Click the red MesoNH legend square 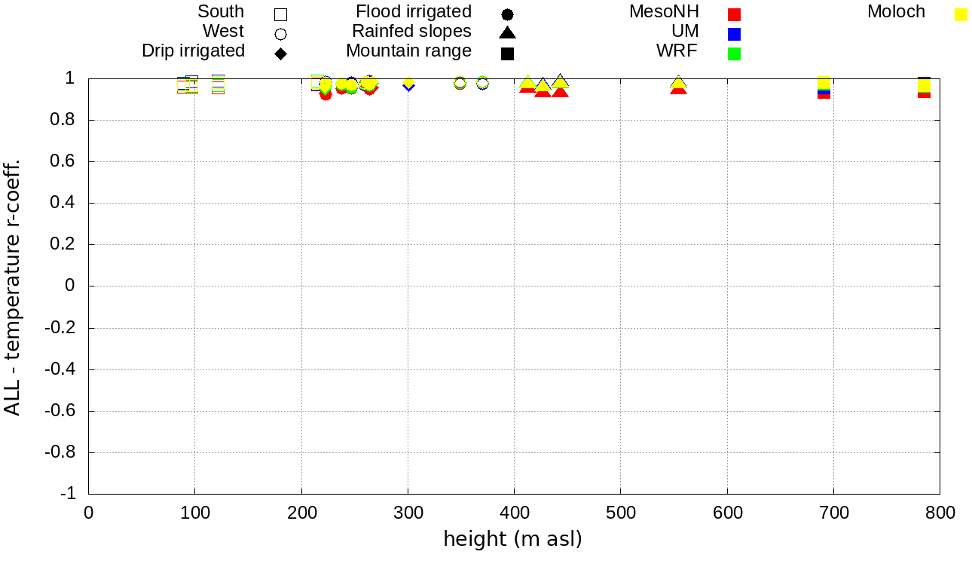tap(735, 14)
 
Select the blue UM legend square tap(735, 34)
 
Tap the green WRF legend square tap(735, 54)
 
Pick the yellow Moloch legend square tap(961, 14)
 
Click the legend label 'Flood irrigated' tap(414, 12)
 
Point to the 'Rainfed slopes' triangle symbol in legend tap(507, 32)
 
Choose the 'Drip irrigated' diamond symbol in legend tap(280, 54)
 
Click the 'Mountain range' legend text tap(408, 51)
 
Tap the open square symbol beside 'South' tap(280, 14)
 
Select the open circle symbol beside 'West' tap(280, 34)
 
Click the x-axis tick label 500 tap(620, 513)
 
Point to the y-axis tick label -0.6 tap(61, 411)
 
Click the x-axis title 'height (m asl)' tap(512, 540)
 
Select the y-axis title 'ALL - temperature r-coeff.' tap(13, 286)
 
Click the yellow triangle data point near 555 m tap(678, 83)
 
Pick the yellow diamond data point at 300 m tap(408, 82)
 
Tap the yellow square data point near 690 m tap(824, 82)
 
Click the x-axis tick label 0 tap(89, 513)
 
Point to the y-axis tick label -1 tap(69, 494)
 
